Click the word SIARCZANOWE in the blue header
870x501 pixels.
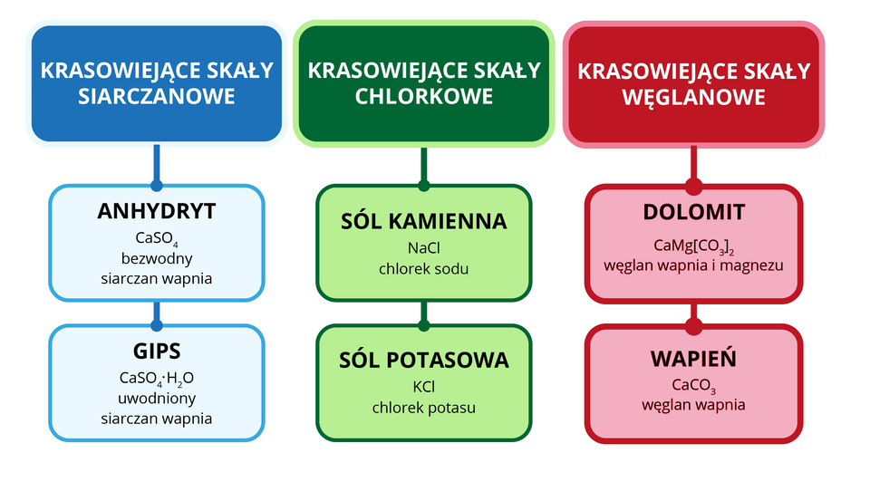(x=156, y=97)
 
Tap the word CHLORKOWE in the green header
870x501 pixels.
(x=424, y=96)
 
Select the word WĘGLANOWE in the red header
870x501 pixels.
(x=693, y=97)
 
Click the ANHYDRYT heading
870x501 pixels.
(x=156, y=212)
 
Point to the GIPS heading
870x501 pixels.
(x=156, y=352)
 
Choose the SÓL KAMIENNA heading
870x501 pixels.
(x=423, y=221)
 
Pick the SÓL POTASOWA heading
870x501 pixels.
(x=423, y=360)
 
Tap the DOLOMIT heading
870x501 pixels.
(x=693, y=212)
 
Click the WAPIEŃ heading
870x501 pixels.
(x=693, y=359)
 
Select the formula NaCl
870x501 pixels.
(x=423, y=247)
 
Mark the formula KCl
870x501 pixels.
(x=423, y=387)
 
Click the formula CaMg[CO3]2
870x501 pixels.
(x=693, y=246)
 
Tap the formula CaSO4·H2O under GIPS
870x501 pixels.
(x=156, y=379)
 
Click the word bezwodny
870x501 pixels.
(x=156, y=258)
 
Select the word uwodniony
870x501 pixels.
(x=156, y=399)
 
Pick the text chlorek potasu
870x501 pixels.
(x=423, y=408)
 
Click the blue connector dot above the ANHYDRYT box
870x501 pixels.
(x=156, y=186)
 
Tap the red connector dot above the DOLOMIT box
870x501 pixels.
(x=693, y=186)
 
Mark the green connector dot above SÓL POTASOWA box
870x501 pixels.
(x=423, y=325)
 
